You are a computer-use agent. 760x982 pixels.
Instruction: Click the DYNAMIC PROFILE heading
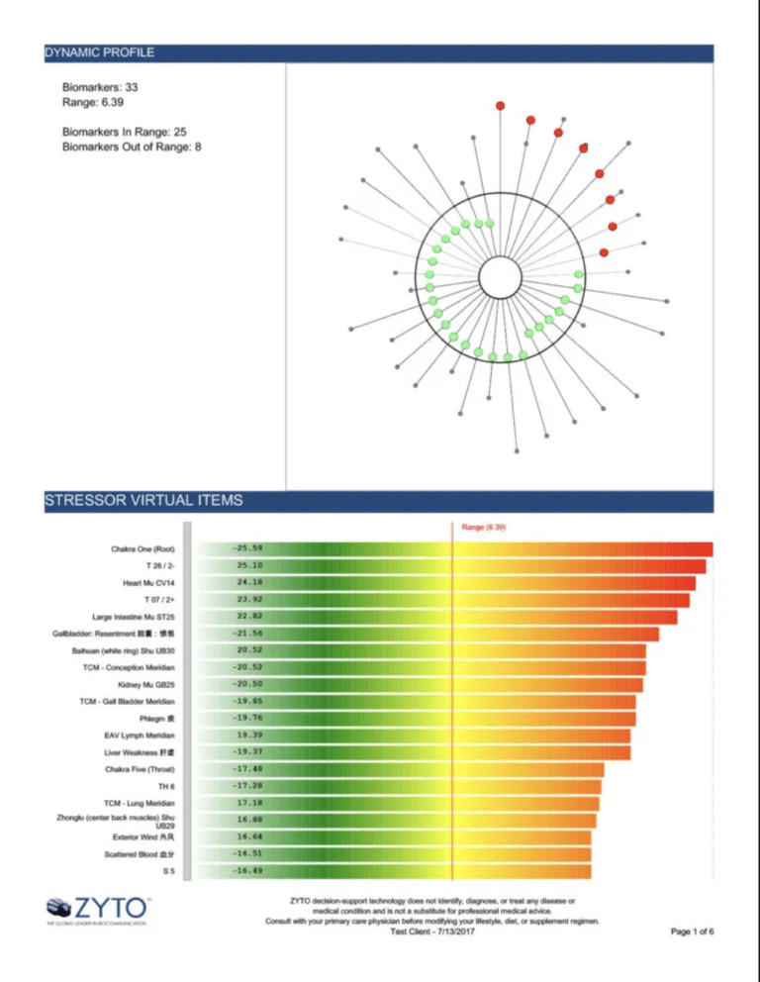coord(99,51)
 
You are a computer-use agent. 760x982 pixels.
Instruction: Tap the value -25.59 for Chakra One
coord(246,547)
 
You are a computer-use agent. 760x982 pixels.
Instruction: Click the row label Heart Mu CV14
coord(148,583)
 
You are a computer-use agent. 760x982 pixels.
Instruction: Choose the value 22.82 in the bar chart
coord(248,617)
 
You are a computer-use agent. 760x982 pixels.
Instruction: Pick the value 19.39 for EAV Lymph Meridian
coord(248,736)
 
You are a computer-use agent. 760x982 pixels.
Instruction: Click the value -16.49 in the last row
coord(246,871)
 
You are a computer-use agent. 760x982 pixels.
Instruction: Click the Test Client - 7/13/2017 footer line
coord(432,932)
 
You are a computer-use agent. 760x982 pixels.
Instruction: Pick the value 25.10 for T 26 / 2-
coord(248,565)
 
